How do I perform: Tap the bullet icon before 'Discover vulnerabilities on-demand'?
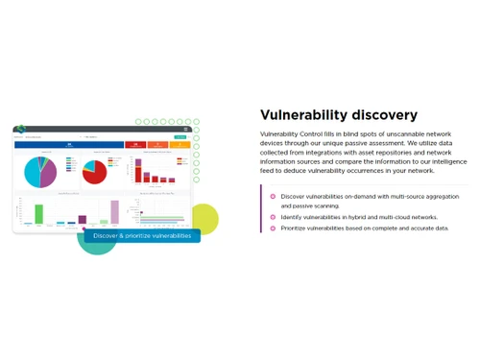click(273, 197)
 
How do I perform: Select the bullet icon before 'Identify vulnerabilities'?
click(273, 217)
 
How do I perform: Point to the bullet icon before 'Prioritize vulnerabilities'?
click(273, 228)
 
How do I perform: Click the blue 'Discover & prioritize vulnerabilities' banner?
click(142, 235)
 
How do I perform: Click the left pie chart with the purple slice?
click(41, 172)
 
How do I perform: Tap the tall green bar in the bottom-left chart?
click(39, 213)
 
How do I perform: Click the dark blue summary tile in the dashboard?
click(68, 145)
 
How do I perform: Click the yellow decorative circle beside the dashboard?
click(204, 219)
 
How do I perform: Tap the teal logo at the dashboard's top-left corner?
click(20, 129)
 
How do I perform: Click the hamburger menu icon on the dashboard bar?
click(185, 129)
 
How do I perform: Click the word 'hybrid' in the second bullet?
click(367, 217)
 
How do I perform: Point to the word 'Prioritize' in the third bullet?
click(296, 228)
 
